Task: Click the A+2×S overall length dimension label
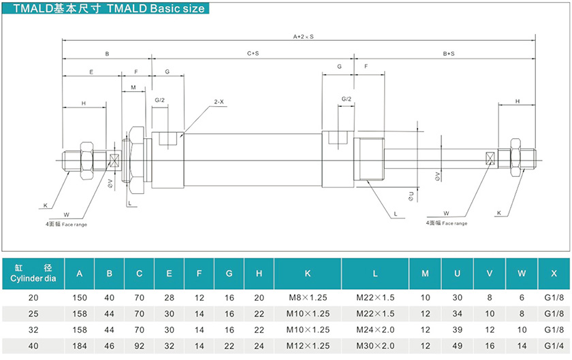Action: coord(303,35)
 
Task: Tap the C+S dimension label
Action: coord(252,53)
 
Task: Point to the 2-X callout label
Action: coord(219,101)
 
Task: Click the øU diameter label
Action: coord(411,197)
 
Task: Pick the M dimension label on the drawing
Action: coord(133,87)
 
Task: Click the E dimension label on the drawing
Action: coord(91,71)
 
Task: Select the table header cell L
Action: coord(375,274)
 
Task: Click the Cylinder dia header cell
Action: coord(33,274)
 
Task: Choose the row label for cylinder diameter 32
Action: coord(33,329)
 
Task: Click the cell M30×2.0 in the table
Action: coord(375,345)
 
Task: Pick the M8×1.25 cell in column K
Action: coord(307,297)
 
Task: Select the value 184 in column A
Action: coord(80,345)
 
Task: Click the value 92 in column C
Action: coord(139,345)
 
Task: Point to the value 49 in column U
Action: coord(457,345)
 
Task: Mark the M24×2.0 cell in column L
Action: coord(375,329)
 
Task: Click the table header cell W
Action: coord(522,274)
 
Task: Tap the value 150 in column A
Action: coord(80,297)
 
